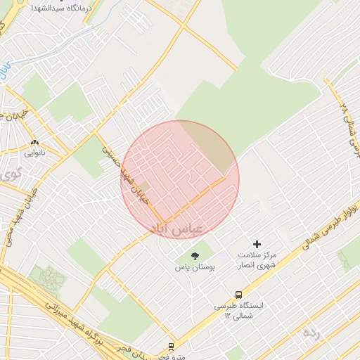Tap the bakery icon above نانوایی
pos(34,141)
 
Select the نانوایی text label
pos(34,151)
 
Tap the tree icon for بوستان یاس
pos(195,256)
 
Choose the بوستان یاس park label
pos(195,267)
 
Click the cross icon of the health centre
pos(257,243)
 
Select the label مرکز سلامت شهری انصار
pos(257,259)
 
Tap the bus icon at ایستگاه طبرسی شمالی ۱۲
pos(239,295)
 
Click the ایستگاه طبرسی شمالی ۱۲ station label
pos(239,311)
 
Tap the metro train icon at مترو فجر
pos(171,347)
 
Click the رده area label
pos(311,333)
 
